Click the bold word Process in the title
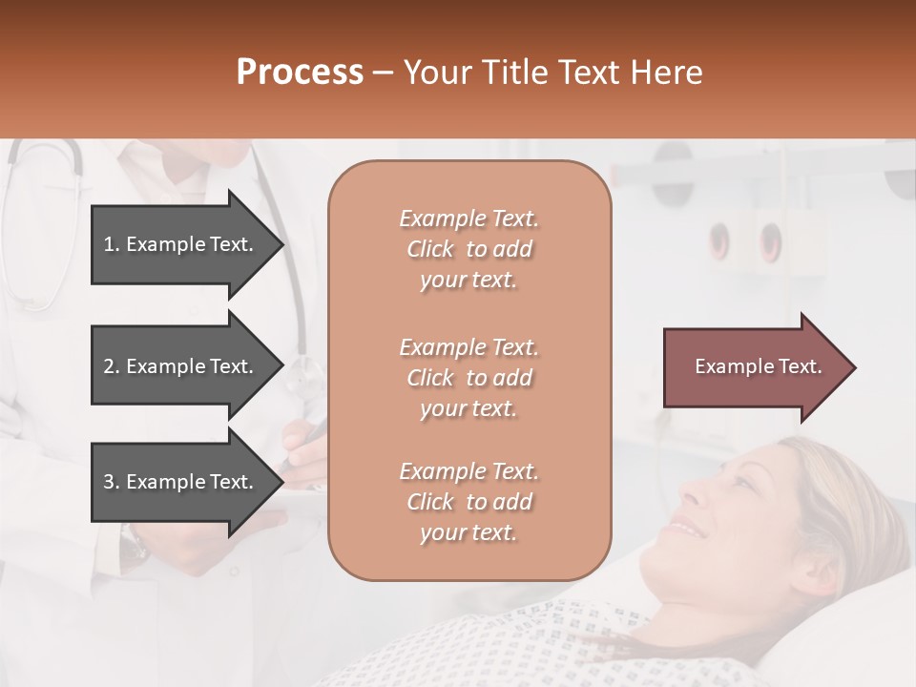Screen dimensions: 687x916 pos(300,73)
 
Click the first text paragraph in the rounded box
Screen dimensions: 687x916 pos(468,249)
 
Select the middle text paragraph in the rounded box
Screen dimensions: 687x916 pos(468,378)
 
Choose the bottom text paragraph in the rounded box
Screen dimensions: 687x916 pos(468,502)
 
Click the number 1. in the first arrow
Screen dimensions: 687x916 pos(112,244)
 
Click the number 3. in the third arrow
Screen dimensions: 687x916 pos(112,482)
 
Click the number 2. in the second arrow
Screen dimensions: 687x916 pos(112,366)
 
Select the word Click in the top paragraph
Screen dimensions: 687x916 pos(430,249)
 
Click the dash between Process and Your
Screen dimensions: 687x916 pos(384,73)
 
